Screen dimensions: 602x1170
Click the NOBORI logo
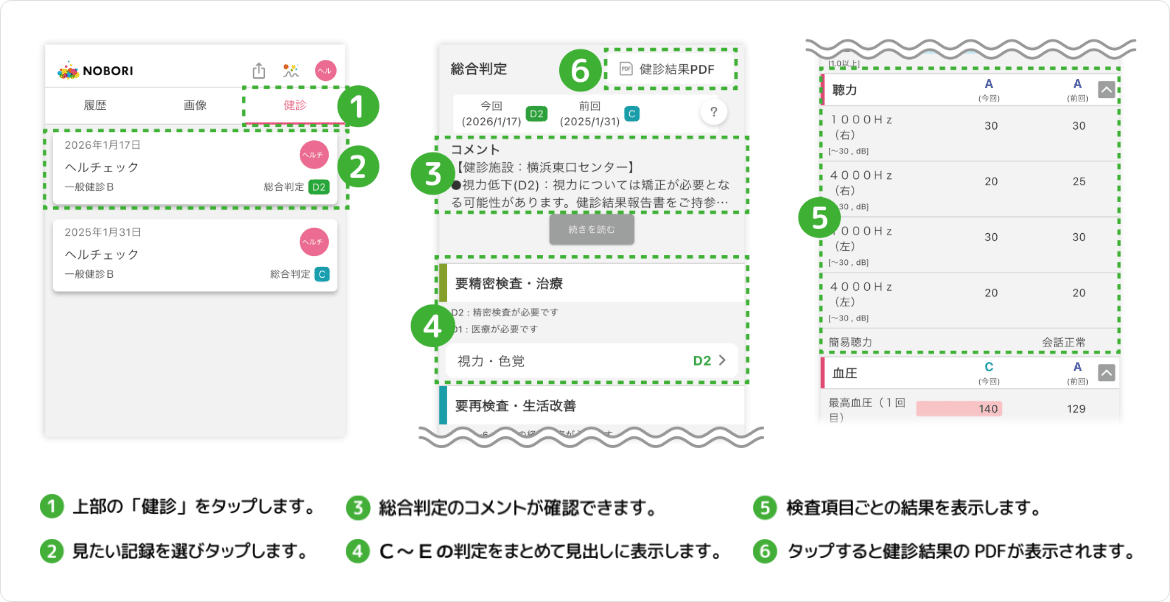pyautogui.click(x=96, y=71)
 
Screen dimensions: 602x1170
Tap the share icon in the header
pyautogui.click(x=259, y=71)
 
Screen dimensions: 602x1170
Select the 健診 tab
pyautogui.click(x=295, y=105)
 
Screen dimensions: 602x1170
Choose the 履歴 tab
pyautogui.click(x=94, y=105)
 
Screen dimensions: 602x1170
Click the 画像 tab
pyautogui.click(x=195, y=105)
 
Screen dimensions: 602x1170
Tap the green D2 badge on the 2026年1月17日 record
pyautogui.click(x=319, y=187)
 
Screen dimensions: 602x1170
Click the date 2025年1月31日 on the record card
pyautogui.click(x=102, y=232)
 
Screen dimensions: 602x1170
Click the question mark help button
pyautogui.click(x=713, y=113)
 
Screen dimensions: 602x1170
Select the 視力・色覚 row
pyautogui.click(x=590, y=361)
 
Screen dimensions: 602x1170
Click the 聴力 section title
pyautogui.click(x=845, y=90)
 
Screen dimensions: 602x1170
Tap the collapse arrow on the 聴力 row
pyautogui.click(x=1105, y=89)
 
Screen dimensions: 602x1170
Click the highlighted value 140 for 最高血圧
pyautogui.click(x=960, y=409)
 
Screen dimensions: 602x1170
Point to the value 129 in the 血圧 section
pyautogui.click(x=1076, y=409)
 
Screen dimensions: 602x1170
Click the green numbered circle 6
pyautogui.click(x=580, y=70)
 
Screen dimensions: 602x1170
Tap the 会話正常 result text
pyautogui.click(x=1063, y=342)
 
